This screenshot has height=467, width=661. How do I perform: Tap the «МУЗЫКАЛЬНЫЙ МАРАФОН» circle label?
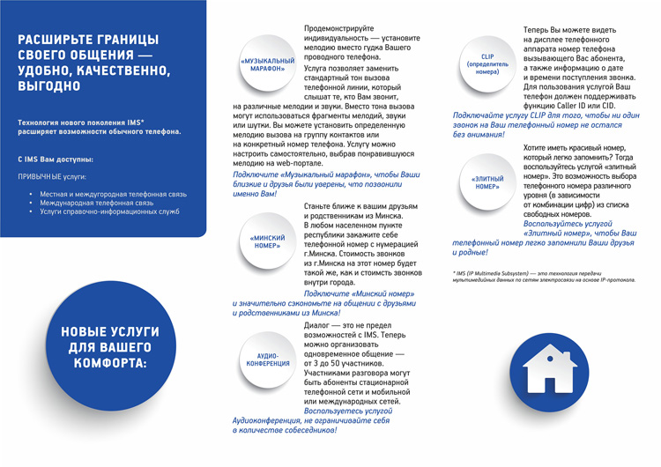click(267, 64)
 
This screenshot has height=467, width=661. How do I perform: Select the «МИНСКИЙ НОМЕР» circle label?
click(267, 241)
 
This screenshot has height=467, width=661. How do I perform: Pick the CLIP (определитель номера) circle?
click(487, 64)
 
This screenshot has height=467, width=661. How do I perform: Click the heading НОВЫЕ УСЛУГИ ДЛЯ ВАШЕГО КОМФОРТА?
click(109, 346)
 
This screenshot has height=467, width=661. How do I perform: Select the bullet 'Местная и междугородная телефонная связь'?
click(114, 193)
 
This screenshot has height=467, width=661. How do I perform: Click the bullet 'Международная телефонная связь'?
click(96, 203)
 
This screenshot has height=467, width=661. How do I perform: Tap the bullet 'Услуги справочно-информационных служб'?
click(108, 212)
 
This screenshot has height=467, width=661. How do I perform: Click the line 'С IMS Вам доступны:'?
click(55, 159)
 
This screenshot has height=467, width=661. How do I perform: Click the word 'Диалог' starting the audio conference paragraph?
click(318, 325)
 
